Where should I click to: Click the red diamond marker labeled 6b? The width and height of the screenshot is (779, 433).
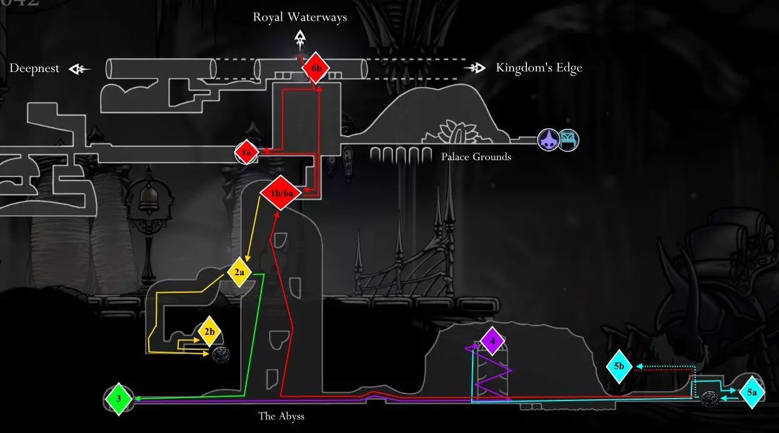[316, 69]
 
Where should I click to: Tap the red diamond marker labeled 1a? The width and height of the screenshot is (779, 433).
[246, 152]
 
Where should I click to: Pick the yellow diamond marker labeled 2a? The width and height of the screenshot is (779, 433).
[239, 272]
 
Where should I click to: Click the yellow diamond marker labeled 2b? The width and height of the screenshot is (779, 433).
[209, 332]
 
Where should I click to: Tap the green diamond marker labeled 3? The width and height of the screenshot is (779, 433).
[119, 399]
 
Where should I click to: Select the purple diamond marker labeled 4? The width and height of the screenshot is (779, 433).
[493, 341]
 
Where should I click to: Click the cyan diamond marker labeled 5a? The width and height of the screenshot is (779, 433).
[751, 392]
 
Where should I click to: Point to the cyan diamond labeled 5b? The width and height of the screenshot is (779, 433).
[619, 366]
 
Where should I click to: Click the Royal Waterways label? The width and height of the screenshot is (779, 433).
[300, 17]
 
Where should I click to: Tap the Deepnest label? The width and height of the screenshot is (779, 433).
[34, 68]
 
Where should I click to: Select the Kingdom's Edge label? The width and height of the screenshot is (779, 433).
[539, 68]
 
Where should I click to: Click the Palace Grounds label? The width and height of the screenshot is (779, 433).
[476, 156]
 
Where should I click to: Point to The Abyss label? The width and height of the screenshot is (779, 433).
[281, 415]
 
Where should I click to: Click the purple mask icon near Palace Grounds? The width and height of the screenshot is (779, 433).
[548, 140]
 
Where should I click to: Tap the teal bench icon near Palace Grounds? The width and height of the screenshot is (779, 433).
[568, 140]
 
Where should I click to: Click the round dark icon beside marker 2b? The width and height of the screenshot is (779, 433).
[221, 355]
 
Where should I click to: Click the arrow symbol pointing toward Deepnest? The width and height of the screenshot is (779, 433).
[79, 69]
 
